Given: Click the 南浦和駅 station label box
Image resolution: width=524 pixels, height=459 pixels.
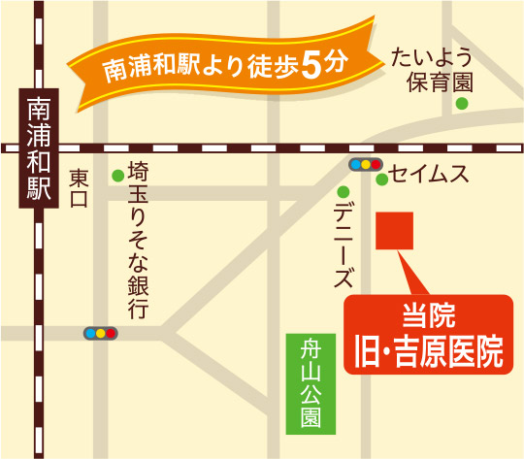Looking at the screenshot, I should pos(39,146).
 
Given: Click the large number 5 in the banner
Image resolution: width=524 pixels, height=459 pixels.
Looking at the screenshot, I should pos(311,65).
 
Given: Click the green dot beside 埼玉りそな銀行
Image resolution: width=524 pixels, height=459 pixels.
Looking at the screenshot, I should pos(117,176).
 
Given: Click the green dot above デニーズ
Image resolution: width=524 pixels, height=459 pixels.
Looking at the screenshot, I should pos(343,188).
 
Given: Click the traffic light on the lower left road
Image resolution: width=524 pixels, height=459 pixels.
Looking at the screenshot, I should pos(101,333).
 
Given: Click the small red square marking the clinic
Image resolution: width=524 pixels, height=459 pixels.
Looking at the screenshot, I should pos(395,231).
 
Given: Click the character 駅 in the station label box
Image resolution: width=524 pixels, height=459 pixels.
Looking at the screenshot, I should pos(39,187).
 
